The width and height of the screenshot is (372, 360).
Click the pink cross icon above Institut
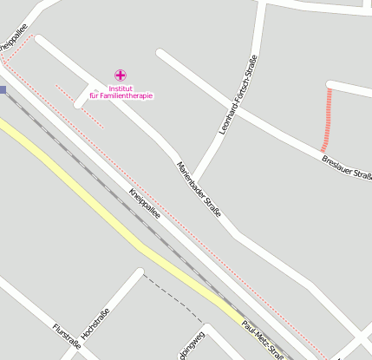click(120, 76)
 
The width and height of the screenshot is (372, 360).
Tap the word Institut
click(122, 88)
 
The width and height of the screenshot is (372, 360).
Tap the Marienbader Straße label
click(199, 187)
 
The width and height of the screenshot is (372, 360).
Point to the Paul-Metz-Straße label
click(264, 339)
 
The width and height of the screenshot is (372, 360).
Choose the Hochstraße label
click(95, 323)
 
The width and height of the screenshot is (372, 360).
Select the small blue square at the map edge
click(3, 89)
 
